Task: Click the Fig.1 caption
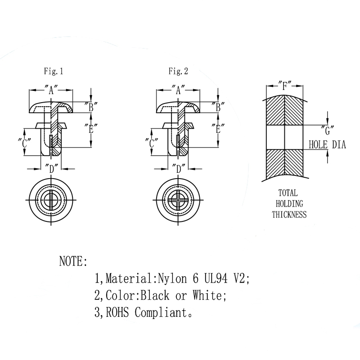[53, 71]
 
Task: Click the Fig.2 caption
[178, 71]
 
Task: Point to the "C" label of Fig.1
[27, 144]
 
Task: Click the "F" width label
[285, 85]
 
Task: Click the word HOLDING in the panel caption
[289, 203]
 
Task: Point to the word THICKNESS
[289, 215]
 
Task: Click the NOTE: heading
[73, 261]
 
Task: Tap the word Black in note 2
[156, 296]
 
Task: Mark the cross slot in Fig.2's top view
[178, 200]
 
